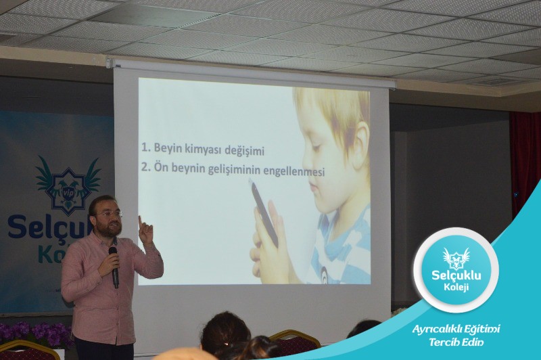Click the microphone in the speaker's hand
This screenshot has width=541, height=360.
tap(114, 267)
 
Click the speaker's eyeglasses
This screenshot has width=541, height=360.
tap(110, 214)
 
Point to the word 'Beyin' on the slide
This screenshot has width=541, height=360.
tap(168, 148)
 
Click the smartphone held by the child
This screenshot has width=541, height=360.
tap(264, 214)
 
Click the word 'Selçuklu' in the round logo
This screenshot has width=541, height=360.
tap(456, 275)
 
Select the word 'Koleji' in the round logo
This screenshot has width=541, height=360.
tap(456, 287)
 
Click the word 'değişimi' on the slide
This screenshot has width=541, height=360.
tap(244, 151)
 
